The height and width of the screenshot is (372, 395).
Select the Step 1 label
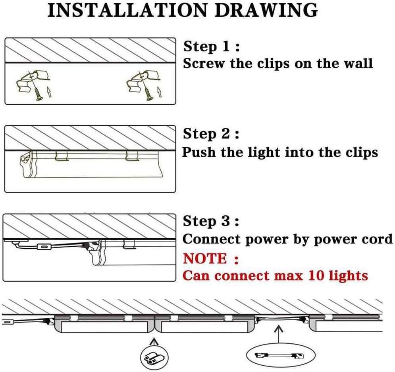pyautogui.click(x=211, y=47)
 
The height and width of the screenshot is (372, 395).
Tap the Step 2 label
pyautogui.click(x=211, y=134)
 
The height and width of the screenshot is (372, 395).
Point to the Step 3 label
pyautogui.click(x=211, y=222)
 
